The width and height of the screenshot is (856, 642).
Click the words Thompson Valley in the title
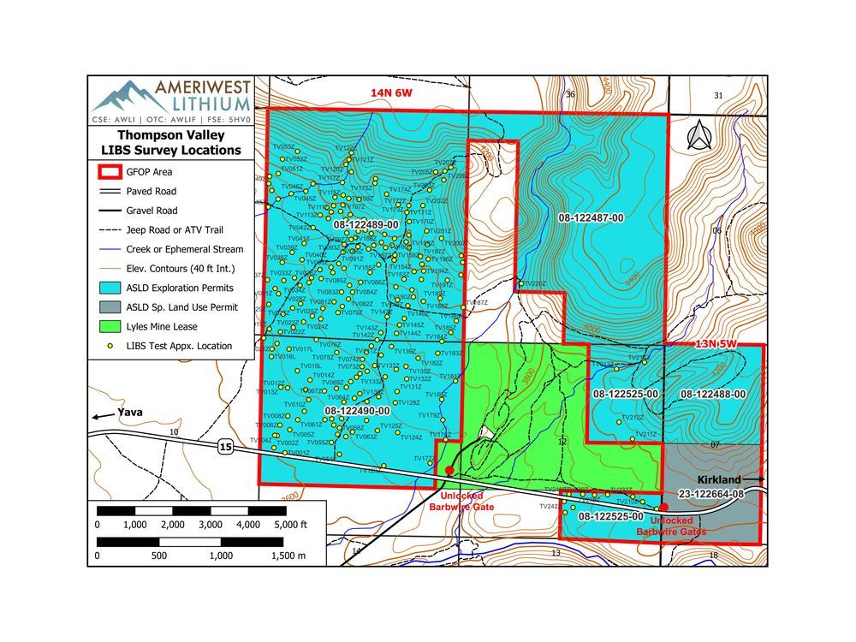pyautogui.click(x=178, y=135)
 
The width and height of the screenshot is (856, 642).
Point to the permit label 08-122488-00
pyautogui.click(x=713, y=394)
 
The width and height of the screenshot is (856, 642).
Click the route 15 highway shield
pyautogui.click(x=224, y=447)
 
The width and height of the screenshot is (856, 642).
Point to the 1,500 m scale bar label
pyautogui.click(x=288, y=555)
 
